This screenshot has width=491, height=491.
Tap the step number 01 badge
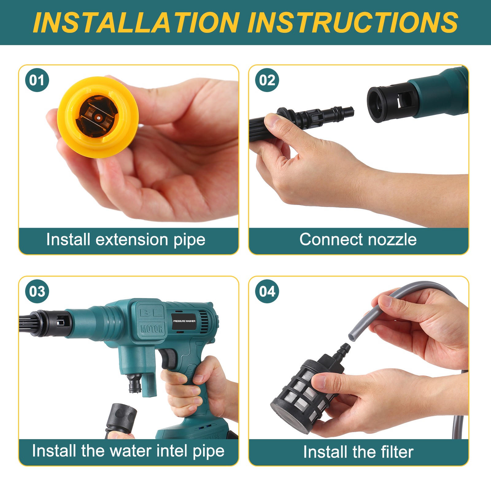(x=37, y=80)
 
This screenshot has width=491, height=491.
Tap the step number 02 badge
(x=267, y=80)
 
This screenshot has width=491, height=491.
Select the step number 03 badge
(x=37, y=291)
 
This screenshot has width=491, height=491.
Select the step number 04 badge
(x=267, y=291)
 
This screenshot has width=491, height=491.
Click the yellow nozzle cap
(x=98, y=117)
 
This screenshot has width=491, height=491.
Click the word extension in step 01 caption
(x=132, y=240)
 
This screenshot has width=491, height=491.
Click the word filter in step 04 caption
(x=397, y=452)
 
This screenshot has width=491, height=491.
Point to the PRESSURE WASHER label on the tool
(x=184, y=321)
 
